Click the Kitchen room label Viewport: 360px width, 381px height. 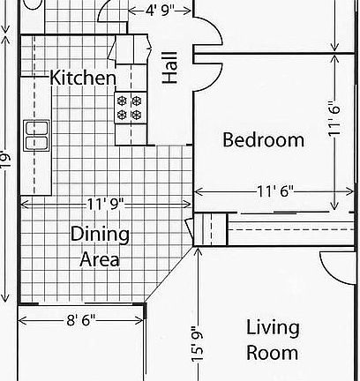[x=83, y=78]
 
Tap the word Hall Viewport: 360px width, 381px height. [x=170, y=67]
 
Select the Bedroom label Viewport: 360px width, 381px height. [x=263, y=139]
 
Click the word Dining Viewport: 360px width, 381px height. [x=100, y=235]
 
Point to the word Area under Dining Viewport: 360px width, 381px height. [x=100, y=259]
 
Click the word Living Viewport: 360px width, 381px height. [x=272, y=328]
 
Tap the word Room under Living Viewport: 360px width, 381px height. [x=272, y=353]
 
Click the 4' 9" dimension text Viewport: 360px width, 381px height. [x=151, y=11]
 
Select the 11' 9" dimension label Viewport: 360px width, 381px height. [x=106, y=204]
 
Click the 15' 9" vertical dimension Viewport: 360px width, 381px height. [x=199, y=342]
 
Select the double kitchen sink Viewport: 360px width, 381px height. [x=36, y=135]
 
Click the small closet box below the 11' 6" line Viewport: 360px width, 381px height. [x=210, y=228]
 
